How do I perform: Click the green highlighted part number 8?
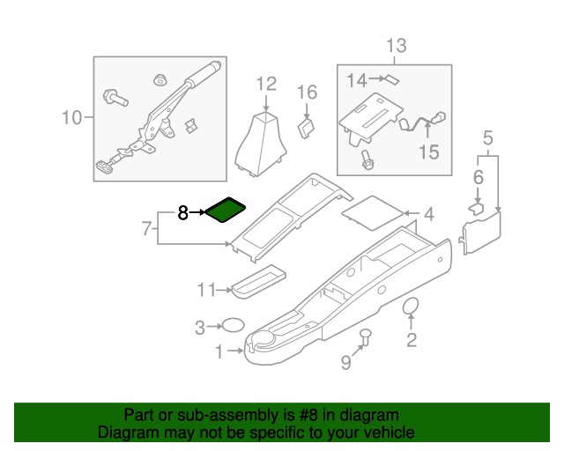click(225, 211)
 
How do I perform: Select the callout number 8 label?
click(183, 212)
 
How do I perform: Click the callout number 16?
click(306, 92)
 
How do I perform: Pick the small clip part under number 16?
click(307, 129)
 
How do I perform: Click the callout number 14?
click(355, 81)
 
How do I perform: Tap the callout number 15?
click(427, 152)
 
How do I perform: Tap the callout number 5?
click(487, 137)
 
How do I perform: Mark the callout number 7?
click(147, 229)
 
